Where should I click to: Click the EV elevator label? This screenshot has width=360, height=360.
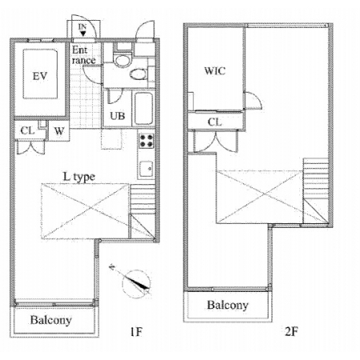click(40, 76)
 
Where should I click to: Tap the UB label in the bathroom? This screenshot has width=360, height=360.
click(118, 116)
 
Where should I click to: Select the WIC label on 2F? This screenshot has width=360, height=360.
click(214, 71)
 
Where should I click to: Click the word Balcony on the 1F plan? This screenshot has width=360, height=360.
click(51, 320)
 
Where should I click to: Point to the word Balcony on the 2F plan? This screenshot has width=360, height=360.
click(228, 305)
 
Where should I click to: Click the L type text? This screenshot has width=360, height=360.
click(79, 177)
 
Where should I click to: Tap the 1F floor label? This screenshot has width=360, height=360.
click(136, 332)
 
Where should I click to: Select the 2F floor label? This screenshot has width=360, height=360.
click(291, 331)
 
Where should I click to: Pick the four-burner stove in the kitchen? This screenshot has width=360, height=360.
click(146, 141)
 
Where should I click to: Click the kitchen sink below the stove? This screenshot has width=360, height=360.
click(146, 169)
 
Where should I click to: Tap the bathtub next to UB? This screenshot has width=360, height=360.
click(143, 108)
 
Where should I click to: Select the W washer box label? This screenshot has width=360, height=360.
click(59, 131)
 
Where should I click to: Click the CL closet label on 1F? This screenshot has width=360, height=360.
click(27, 130)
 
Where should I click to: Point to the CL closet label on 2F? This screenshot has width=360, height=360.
click(214, 122)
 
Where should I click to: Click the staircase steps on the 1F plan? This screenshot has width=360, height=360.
click(142, 199)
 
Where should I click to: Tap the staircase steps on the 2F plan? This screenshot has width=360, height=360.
click(316, 178)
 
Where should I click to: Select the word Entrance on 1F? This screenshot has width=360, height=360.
click(83, 55)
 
